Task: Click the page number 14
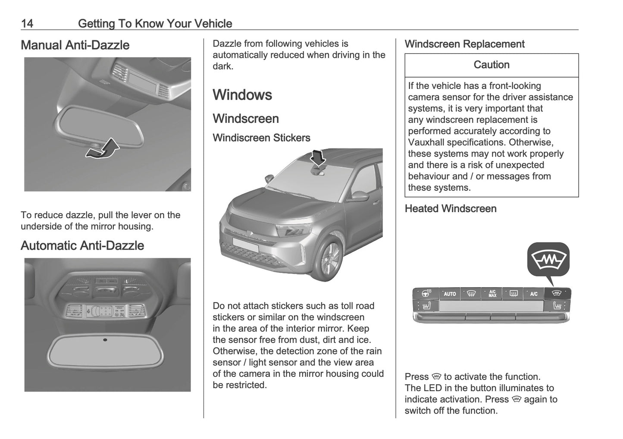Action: [x=27, y=23]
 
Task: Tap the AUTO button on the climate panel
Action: [x=450, y=294]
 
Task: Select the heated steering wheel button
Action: [x=427, y=294]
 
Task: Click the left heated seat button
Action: [x=426, y=306]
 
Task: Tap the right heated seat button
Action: [x=557, y=306]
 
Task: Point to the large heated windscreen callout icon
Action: [x=548, y=260]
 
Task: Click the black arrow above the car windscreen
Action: [x=319, y=158]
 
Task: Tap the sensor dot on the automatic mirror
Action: [x=105, y=340]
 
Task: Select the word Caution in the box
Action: [x=492, y=65]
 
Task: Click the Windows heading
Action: [x=242, y=95]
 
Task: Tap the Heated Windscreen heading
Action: [x=451, y=209]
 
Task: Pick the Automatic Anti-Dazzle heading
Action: [x=82, y=245]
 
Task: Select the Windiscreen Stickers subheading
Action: [x=261, y=138]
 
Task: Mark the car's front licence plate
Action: [x=245, y=245]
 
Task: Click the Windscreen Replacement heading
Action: [x=464, y=44]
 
